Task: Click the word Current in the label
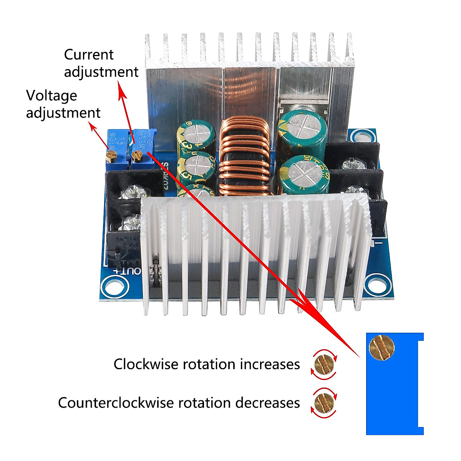[x=89, y=55]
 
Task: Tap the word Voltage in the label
[x=51, y=96]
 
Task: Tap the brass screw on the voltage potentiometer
[x=112, y=155]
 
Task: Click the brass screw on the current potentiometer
[x=137, y=155]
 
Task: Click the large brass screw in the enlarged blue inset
[x=382, y=347]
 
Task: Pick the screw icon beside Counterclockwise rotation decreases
[x=323, y=403]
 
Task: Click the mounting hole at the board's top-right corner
[x=361, y=138]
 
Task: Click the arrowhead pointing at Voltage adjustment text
[x=93, y=126]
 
